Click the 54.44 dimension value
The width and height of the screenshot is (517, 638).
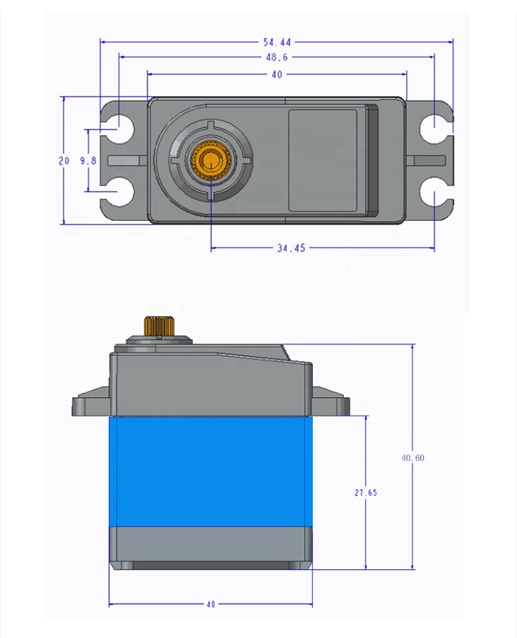276,42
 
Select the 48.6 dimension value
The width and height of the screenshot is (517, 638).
276,58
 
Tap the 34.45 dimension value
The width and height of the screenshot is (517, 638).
291,249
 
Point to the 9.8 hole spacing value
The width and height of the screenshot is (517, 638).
88,161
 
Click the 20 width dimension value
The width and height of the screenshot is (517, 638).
63,161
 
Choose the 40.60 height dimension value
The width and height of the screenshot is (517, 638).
413,458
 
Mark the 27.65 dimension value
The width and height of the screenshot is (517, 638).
365,493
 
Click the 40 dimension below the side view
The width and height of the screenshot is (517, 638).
210,604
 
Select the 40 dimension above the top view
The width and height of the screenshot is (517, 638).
276,74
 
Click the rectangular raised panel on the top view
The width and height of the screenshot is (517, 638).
322,160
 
